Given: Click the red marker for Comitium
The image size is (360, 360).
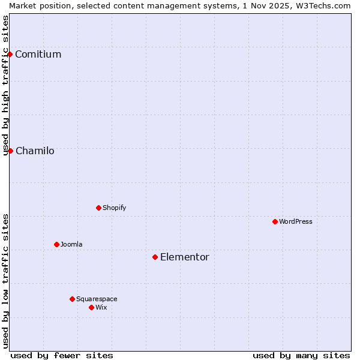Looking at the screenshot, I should click(x=10, y=55).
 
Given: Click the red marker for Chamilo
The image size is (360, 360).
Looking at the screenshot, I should click(x=10, y=151).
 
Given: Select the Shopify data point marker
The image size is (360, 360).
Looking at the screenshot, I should click(x=98, y=208).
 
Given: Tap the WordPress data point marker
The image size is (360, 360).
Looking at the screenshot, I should click(x=275, y=221).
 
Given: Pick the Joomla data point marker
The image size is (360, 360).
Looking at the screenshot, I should click(x=56, y=244).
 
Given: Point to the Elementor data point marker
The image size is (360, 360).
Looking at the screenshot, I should click(x=155, y=257).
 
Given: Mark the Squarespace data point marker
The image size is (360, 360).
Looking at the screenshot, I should click(x=72, y=299).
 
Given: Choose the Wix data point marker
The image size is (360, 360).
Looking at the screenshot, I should click(x=91, y=307).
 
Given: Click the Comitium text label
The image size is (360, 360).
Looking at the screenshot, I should click(x=38, y=55).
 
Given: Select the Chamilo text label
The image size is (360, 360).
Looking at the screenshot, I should click(x=35, y=151).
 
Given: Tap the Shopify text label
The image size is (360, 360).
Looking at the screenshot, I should click(x=114, y=208).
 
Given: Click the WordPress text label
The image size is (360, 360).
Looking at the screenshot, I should click(x=295, y=221).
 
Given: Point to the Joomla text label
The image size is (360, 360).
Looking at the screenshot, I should click(x=71, y=244).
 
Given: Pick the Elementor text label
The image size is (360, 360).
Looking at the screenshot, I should click(x=184, y=257).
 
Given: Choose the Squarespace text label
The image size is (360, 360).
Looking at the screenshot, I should click(x=97, y=299).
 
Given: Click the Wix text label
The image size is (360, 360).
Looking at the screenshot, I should click(x=101, y=307).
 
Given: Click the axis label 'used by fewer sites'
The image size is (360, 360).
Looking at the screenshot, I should click(x=62, y=355).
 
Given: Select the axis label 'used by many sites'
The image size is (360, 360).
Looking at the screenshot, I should click(x=301, y=355).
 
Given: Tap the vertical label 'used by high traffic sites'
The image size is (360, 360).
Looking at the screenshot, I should click(x=5, y=85).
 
